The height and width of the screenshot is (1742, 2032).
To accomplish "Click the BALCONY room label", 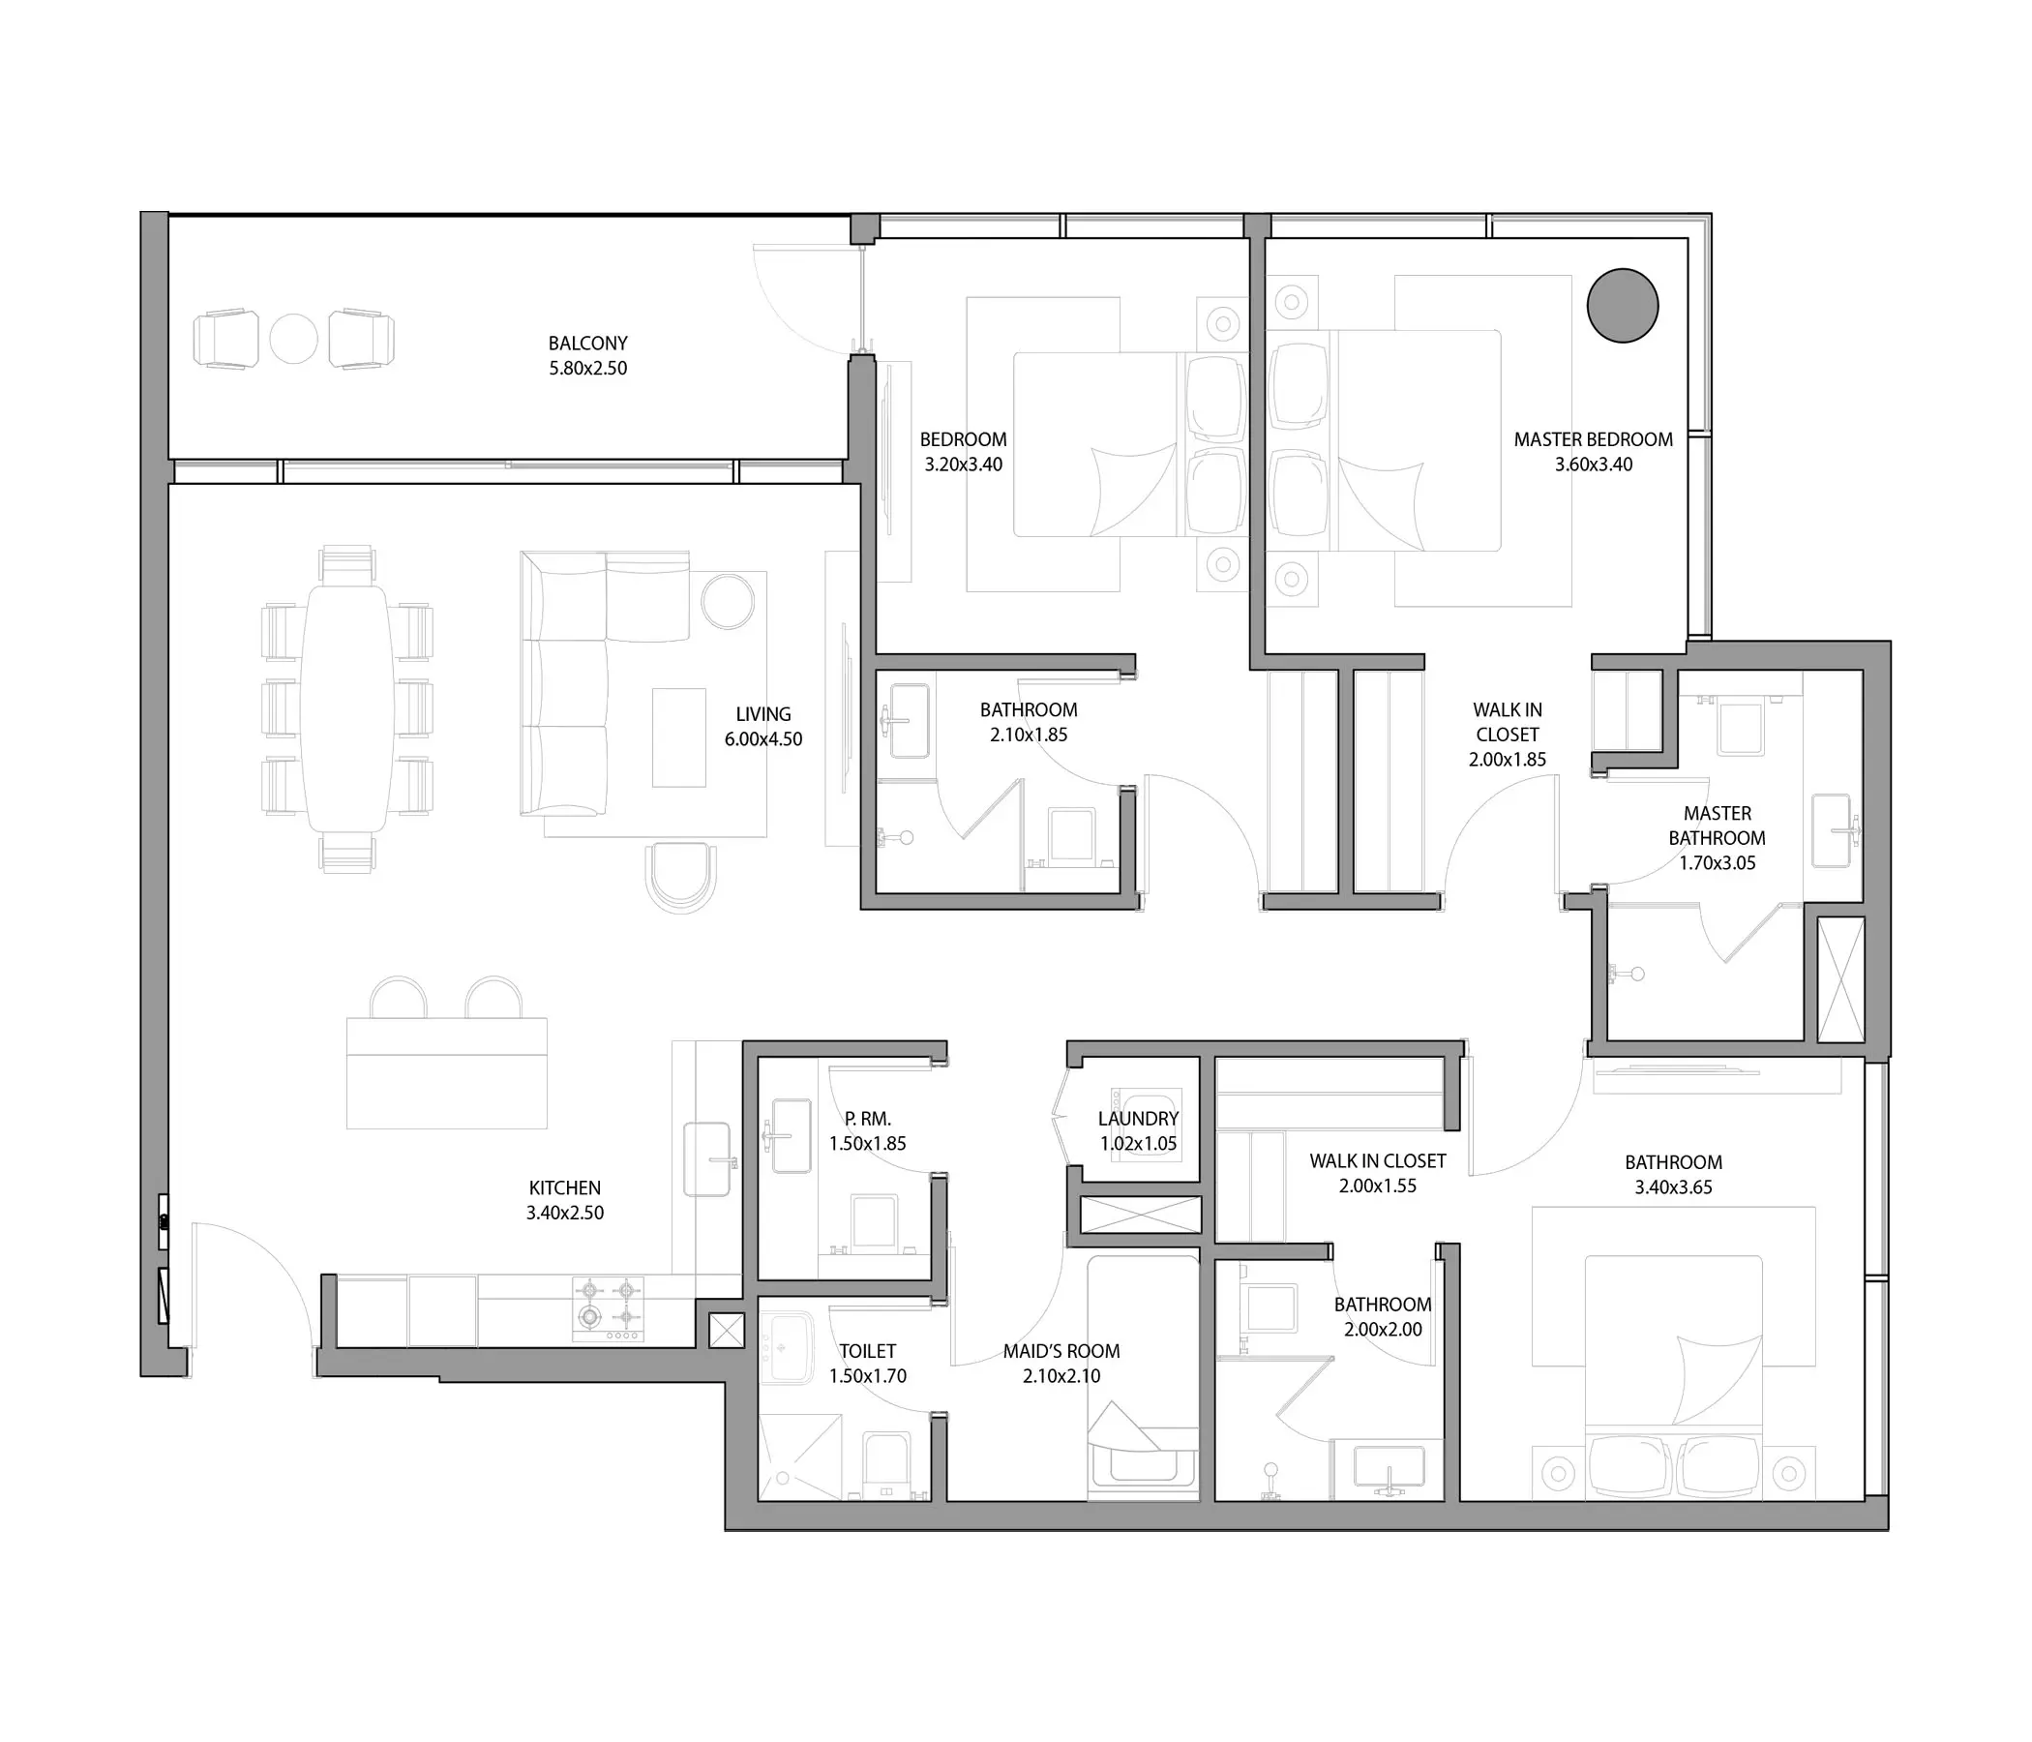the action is [x=587, y=344].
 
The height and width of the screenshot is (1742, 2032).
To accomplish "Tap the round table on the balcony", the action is [x=293, y=339].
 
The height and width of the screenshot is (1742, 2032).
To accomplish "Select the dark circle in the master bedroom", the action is [x=1622, y=305].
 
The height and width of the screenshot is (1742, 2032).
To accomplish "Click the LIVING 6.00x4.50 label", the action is [x=763, y=727].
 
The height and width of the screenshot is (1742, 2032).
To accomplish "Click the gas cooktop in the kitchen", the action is [x=608, y=1309].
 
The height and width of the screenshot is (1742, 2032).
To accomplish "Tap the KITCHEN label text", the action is [x=565, y=1187].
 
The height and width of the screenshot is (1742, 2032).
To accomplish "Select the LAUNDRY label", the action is [x=1138, y=1118].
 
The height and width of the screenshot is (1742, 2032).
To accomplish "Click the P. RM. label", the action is [x=868, y=1118].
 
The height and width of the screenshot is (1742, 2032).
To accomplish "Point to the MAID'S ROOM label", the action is [x=1061, y=1351].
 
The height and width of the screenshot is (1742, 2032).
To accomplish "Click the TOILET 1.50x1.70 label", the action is [x=868, y=1364].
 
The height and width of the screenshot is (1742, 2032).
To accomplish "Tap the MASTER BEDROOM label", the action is [x=1594, y=439].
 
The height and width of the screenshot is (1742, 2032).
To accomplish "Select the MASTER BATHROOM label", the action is [x=1718, y=826].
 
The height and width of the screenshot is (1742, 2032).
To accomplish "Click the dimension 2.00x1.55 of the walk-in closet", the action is [x=1378, y=1186].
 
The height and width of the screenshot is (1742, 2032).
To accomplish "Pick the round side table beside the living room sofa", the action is [x=729, y=600].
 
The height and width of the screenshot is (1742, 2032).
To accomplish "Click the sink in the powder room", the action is [x=792, y=1136].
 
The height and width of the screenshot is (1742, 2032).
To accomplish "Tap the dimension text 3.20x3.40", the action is [x=963, y=465].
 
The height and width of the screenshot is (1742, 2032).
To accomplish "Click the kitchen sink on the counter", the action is [x=707, y=1159].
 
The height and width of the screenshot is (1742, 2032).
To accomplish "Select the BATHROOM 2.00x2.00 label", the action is [x=1383, y=1317].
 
